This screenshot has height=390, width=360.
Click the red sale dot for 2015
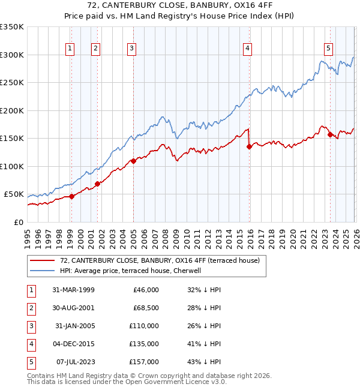click(x=249, y=146)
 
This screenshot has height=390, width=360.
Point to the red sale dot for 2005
click(x=133, y=161)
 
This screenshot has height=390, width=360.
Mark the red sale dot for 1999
click(x=71, y=196)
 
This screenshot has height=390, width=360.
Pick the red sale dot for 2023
click(x=330, y=134)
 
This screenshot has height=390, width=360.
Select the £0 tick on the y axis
click(x=18, y=222)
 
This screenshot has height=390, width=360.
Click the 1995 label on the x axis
click(x=28, y=236)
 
